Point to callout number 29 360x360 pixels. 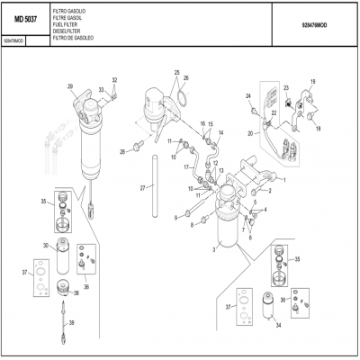(x=70, y=85)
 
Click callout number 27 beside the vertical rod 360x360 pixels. (x=142, y=187)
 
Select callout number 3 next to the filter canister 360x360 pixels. (x=213, y=247)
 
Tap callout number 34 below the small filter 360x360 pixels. (x=279, y=325)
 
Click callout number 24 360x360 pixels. (x=247, y=95)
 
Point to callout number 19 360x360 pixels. (x=313, y=82)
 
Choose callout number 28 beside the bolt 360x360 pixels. (x=122, y=151)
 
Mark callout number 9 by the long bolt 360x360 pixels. (x=175, y=217)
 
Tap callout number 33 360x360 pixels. (x=114, y=81)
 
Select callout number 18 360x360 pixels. (x=318, y=129)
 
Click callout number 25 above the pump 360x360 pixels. (x=177, y=72)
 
